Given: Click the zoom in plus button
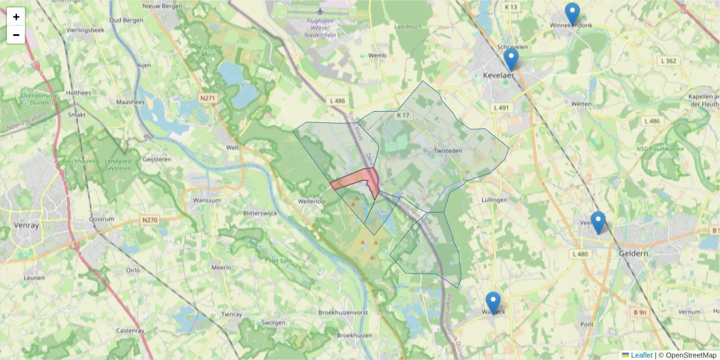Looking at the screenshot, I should click(16, 17).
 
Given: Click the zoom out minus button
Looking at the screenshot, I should click(16, 35).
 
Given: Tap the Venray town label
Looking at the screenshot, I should click(25, 226).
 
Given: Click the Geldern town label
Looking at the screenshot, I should click(633, 254).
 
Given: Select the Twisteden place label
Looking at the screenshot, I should click(447, 151).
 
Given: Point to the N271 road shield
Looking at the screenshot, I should click(208, 98).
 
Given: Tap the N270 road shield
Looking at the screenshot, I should click(150, 221).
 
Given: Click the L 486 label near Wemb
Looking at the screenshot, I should click(337, 101).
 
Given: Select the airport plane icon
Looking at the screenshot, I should click(320, 11).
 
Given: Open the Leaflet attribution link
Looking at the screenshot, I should click(641, 355).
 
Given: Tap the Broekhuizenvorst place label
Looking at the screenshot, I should click(343, 313).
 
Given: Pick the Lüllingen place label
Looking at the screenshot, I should click(495, 200).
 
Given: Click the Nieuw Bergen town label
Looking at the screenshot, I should click(162, 6).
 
